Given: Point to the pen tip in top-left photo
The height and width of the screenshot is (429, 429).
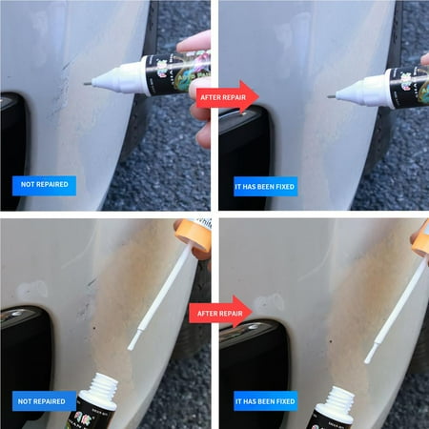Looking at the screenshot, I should (x=88, y=83).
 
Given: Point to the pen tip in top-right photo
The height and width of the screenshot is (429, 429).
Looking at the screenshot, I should (x=330, y=95).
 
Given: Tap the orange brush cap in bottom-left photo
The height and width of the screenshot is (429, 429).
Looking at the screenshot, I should (x=192, y=236).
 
